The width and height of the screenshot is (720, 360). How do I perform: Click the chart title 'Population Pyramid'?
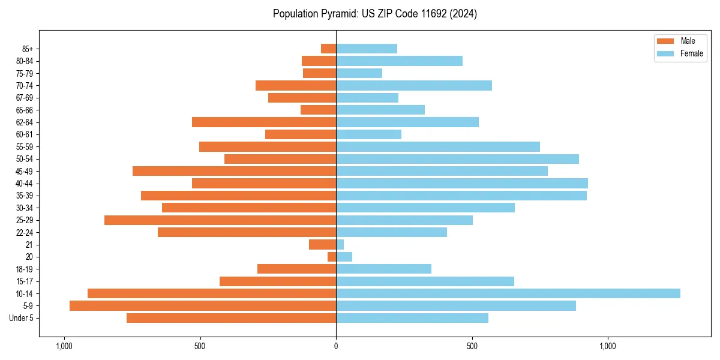(374, 14)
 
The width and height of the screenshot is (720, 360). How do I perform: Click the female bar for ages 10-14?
(508, 293)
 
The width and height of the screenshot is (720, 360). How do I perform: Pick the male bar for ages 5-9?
(203, 305)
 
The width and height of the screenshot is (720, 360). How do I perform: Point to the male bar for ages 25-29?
(220, 220)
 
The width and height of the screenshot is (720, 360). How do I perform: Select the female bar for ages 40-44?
(462, 184)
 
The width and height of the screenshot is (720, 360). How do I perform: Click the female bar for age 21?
(340, 245)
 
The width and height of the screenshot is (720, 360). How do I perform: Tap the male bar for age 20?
(332, 257)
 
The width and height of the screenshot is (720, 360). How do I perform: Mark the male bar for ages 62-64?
(264, 122)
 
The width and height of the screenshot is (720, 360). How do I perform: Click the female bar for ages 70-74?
(414, 86)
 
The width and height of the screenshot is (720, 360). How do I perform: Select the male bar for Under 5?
(231, 318)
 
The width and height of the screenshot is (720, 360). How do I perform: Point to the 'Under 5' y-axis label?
(22, 318)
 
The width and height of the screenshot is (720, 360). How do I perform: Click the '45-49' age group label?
(25, 171)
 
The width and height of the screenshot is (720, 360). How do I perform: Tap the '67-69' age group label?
(25, 98)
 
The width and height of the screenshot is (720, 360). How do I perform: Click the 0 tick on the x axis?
(336, 346)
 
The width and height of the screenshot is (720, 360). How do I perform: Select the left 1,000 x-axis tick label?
(64, 346)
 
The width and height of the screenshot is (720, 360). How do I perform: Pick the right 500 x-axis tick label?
(472, 346)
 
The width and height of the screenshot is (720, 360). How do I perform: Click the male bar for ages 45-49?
(234, 171)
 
